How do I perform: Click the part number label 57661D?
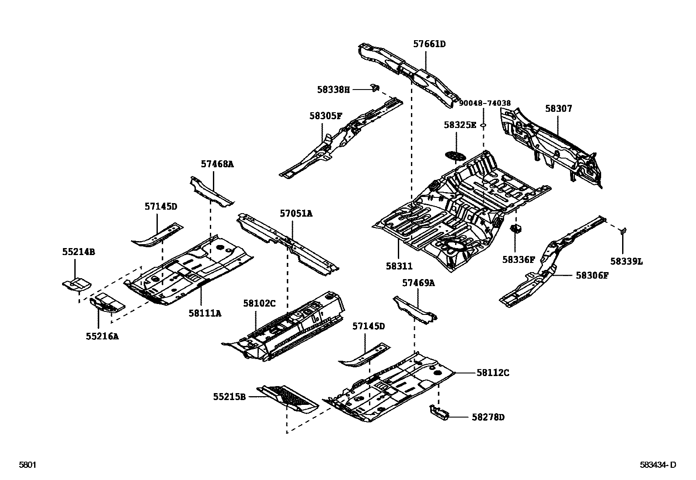click(429, 44)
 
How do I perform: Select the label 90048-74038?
click(484, 104)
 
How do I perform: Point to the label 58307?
click(558, 108)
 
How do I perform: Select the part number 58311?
click(399, 266)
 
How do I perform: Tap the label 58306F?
click(592, 275)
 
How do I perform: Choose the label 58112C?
click(493, 373)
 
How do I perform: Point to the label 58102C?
click(260, 303)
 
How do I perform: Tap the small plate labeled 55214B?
click(76, 285)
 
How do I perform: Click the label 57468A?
click(217, 164)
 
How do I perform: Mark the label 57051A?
click(296, 214)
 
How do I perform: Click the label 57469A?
click(418, 283)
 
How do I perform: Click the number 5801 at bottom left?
click(27, 465)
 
